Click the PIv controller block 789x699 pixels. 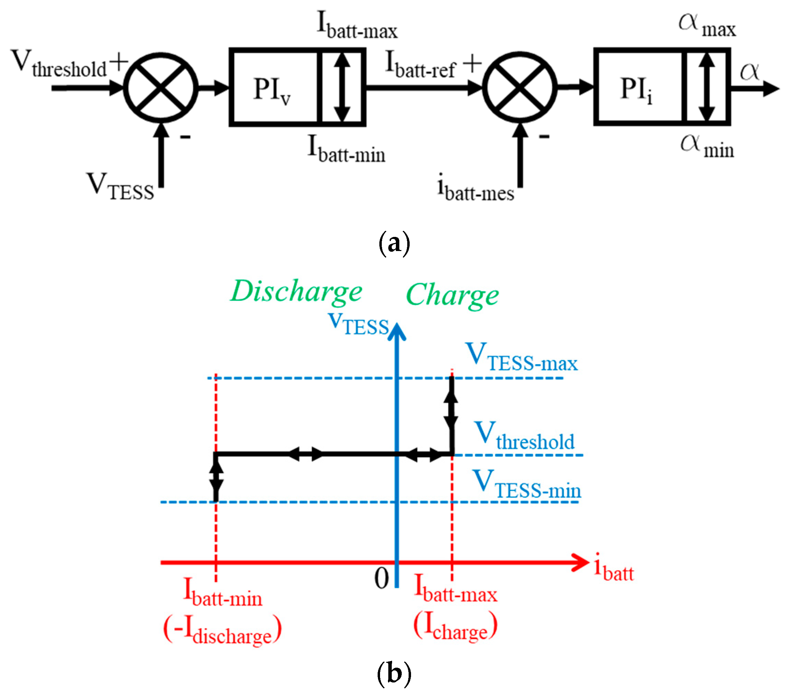click(274, 87)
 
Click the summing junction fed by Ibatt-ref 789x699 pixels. click(520, 87)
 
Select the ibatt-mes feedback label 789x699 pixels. click(475, 188)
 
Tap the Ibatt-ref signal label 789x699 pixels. click(421, 65)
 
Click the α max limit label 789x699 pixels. click(707, 25)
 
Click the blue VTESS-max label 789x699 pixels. click(522, 357)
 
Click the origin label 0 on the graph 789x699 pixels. click(382, 579)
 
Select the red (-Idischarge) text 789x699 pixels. click(222, 630)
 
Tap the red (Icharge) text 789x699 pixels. click(455, 626)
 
